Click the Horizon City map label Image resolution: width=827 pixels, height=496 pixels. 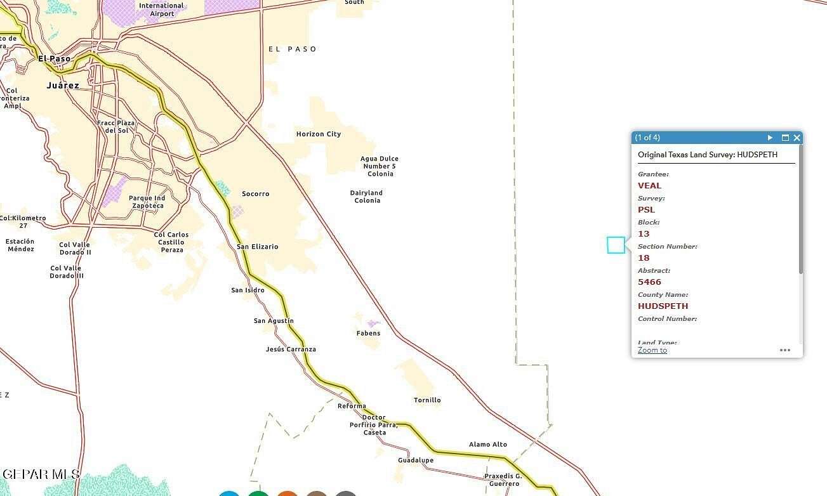[x=319, y=134]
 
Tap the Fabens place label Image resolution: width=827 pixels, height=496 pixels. [x=368, y=333]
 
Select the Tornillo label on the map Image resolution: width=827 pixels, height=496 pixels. [x=427, y=400]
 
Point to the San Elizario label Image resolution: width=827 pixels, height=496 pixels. [x=257, y=247]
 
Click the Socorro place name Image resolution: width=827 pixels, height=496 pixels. [x=256, y=193]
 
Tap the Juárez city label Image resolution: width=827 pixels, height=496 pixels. [x=63, y=85]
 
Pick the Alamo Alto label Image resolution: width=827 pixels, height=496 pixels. [x=488, y=445]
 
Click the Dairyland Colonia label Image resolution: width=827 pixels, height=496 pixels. [x=367, y=197]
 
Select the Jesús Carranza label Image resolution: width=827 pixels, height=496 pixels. [x=291, y=349]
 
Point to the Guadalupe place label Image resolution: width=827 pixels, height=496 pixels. [x=416, y=460]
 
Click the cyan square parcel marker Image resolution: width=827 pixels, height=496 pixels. [x=616, y=245]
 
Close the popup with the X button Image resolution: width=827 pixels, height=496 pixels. [x=797, y=138]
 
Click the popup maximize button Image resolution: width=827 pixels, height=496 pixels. [x=785, y=138]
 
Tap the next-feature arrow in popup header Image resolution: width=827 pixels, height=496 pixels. [x=770, y=138]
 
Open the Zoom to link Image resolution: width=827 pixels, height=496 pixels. [x=652, y=350]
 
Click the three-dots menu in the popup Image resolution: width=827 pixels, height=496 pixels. [x=785, y=350]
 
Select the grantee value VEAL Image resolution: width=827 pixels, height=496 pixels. [x=649, y=186]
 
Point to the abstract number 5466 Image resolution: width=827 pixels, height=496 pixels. [x=649, y=282]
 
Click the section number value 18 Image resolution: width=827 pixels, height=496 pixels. [x=644, y=258]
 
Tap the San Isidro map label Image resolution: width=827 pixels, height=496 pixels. [x=248, y=290]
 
